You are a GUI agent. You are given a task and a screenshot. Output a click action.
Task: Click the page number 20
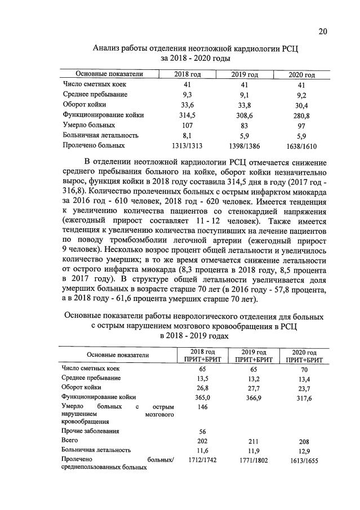click(x=322, y=32)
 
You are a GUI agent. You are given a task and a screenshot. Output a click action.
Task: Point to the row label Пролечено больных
click(x=90, y=146)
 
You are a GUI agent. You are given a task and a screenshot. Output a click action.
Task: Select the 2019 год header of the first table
click(x=245, y=74)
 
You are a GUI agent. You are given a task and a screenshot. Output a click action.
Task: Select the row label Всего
click(x=70, y=441)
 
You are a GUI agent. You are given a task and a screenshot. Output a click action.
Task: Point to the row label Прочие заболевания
click(x=91, y=431)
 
